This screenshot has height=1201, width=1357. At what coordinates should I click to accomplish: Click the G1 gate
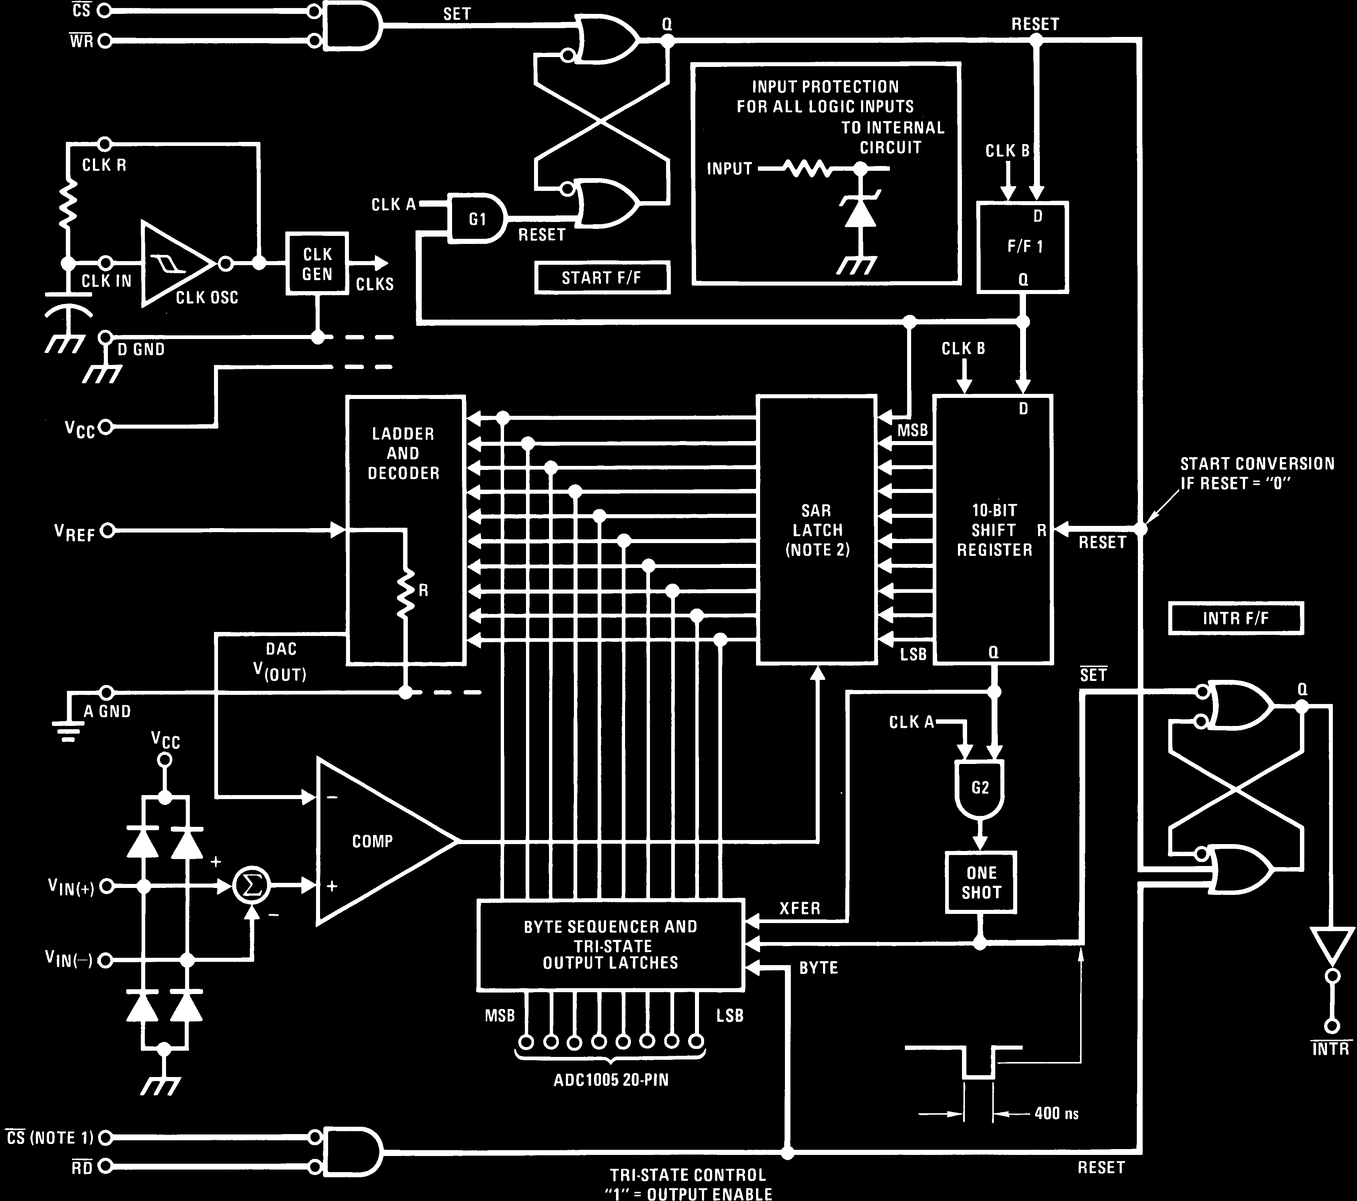point(477,218)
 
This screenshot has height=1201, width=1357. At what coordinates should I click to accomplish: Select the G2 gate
point(980,788)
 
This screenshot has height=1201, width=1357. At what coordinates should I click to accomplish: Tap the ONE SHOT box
point(981,882)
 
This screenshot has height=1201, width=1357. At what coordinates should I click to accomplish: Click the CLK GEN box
point(317,264)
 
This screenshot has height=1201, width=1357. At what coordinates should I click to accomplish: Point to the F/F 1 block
point(1022,247)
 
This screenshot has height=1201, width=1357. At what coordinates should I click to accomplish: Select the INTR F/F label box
point(1235,618)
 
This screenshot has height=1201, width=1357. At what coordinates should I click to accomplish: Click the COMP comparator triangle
point(375,841)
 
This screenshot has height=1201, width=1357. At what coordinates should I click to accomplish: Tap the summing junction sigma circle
point(252,885)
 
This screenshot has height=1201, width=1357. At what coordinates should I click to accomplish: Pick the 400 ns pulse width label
point(1056,1113)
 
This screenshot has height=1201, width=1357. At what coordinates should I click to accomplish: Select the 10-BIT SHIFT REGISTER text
point(994,530)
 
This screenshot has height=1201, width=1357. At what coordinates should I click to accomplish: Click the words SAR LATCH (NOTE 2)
point(817,530)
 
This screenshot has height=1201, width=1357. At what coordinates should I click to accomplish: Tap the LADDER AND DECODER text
point(403,453)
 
